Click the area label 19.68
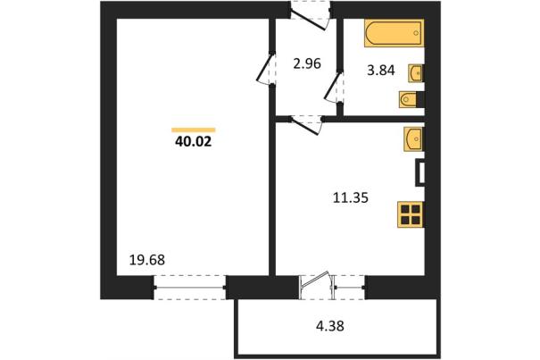pyautogui.click(x=147, y=260)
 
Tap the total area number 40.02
pyautogui.click(x=193, y=141)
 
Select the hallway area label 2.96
pyautogui.click(x=307, y=63)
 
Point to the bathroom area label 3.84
pyautogui.click(x=381, y=71)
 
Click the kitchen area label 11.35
pyautogui.click(x=351, y=198)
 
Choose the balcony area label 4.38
pyautogui.click(x=330, y=325)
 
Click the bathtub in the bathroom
pyautogui.click(x=394, y=33)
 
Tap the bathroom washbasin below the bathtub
pyautogui.click(x=416, y=73)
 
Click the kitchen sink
pyautogui.click(x=414, y=139)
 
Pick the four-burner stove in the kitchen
pyautogui.click(x=411, y=214)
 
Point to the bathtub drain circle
pyautogui.click(x=416, y=33)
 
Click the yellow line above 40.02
pyautogui.click(x=194, y=130)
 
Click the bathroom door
pyautogui.click(x=334, y=87)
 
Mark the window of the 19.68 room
pyautogui.click(x=189, y=288)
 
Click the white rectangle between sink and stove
pyautogui.click(x=421, y=172)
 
